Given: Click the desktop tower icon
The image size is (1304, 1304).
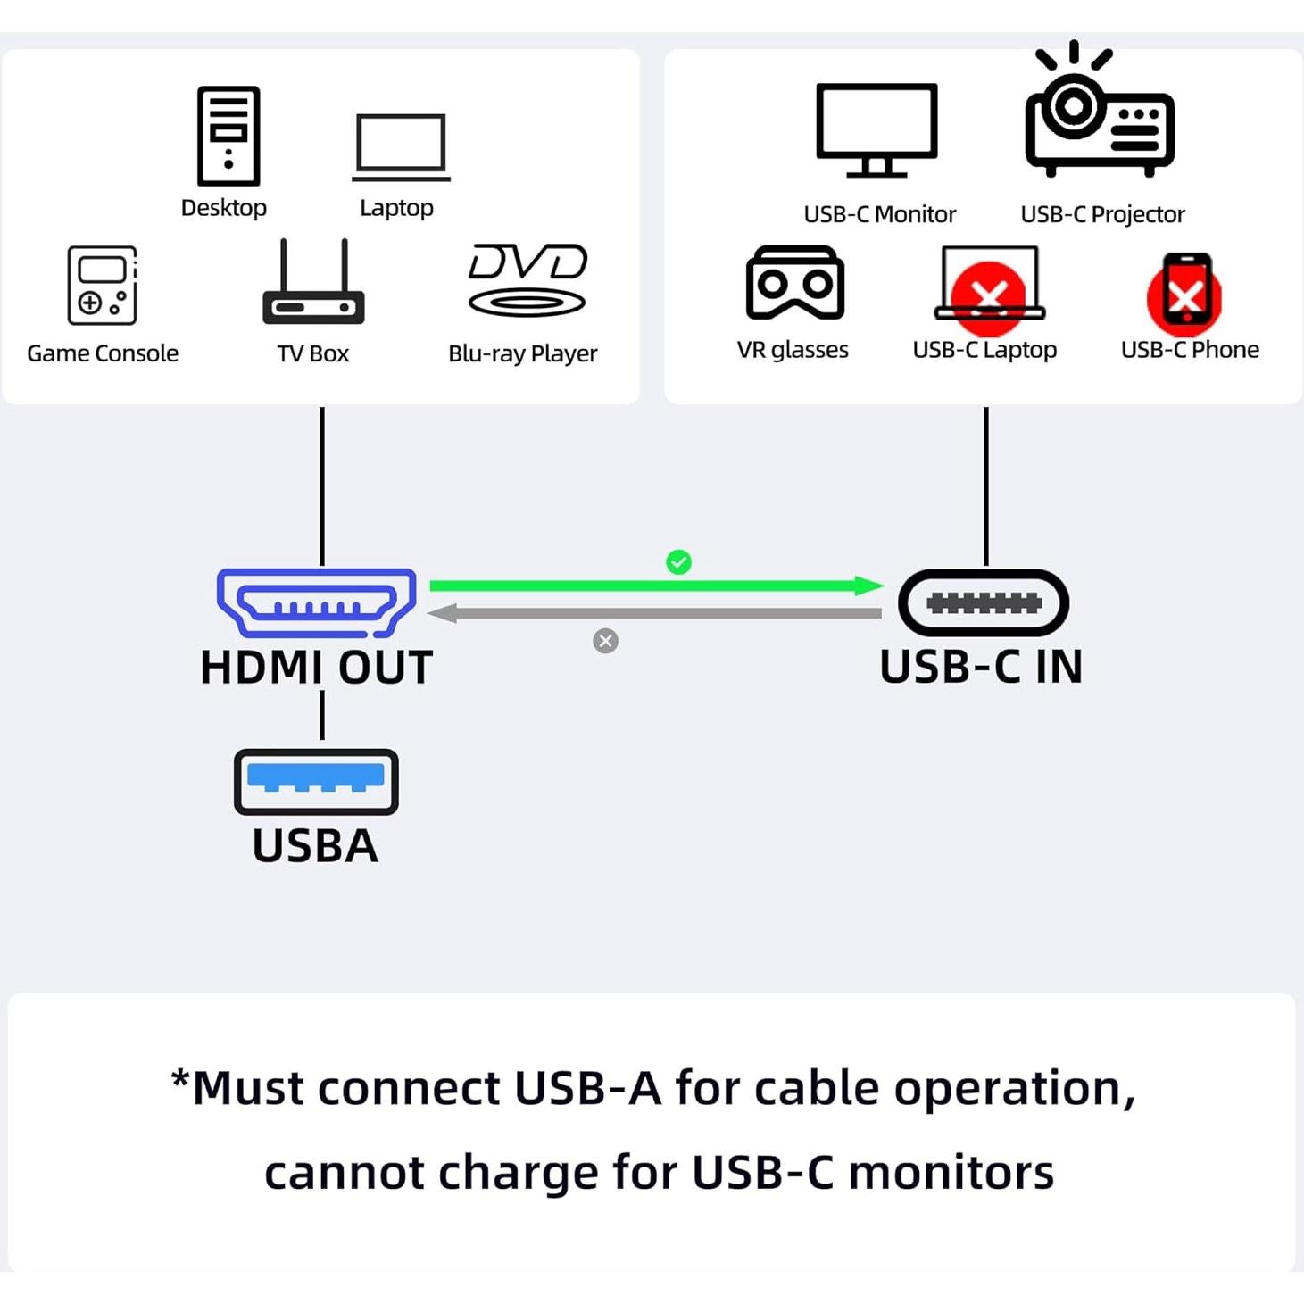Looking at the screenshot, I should pos(228,136).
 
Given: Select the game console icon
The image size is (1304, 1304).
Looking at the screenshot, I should pos(102,285).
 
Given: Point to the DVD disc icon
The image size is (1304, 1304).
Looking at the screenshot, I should pos(527,280).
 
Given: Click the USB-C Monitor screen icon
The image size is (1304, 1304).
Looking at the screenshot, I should pos(876,129).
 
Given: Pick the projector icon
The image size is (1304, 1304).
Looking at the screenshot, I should pos(1100,113).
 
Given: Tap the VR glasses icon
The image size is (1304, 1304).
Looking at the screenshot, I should pos(794,283).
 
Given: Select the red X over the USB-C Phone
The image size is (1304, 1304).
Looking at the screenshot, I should pos(1184,295).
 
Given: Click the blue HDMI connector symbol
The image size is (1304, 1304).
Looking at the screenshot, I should pos(316,602).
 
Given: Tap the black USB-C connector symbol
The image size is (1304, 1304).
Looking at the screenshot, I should pos(984,603).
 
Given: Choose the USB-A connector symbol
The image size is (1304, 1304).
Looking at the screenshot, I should pos(316,781).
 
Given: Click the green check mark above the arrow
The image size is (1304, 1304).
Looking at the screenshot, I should pos(678,561).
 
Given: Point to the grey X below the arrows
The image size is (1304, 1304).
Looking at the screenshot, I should pos(605,641).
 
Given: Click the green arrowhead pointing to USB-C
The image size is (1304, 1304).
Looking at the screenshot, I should pos(868,586).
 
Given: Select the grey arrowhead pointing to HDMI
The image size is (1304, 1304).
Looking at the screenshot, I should pos(444,613).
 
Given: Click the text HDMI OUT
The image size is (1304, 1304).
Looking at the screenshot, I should pos(316,668).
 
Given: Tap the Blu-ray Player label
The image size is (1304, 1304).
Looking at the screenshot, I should pos(522,353).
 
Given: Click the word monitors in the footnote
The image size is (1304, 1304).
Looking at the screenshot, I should pos(951,1172).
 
